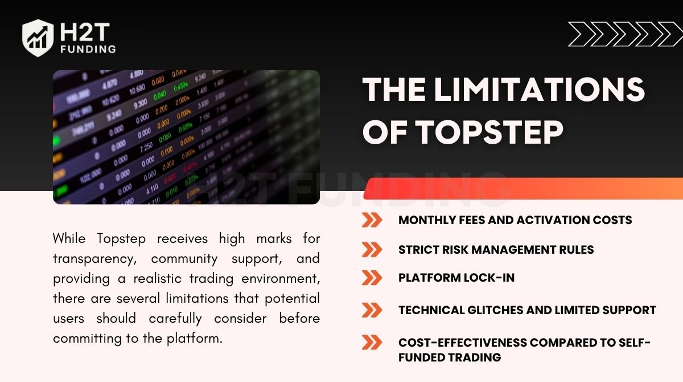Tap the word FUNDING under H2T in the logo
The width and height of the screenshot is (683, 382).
[88, 50]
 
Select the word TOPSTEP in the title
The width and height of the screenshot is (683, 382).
[489, 131]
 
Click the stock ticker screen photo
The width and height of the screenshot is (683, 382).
[186, 137]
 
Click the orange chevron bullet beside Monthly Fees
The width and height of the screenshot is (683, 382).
[372, 220]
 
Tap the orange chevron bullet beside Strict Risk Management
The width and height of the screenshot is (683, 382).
[372, 250]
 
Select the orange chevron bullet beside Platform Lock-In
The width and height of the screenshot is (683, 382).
[372, 278]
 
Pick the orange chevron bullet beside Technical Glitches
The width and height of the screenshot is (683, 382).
[372, 310]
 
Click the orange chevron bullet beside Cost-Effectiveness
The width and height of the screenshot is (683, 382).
[372, 342]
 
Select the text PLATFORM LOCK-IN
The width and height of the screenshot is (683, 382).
[456, 278]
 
